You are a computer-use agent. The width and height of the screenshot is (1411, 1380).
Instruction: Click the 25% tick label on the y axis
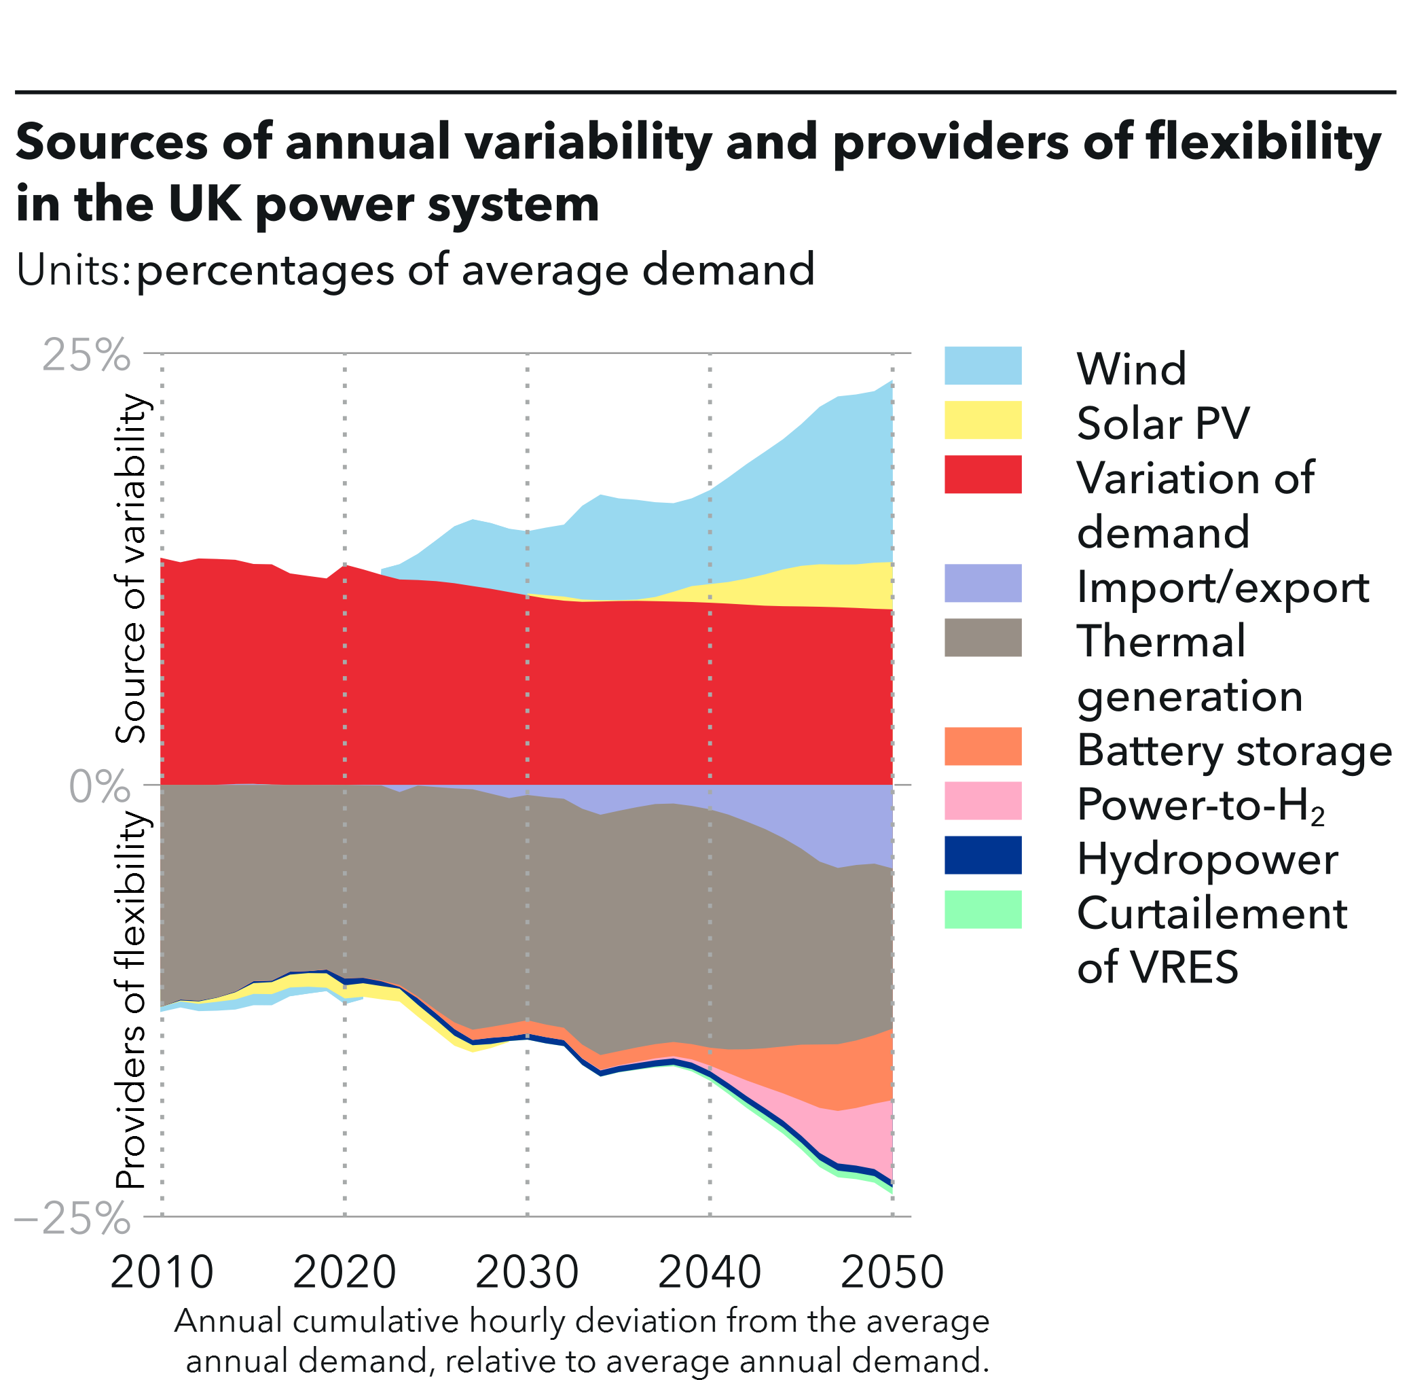point(86,355)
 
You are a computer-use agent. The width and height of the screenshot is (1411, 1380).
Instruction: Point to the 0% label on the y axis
point(99,786)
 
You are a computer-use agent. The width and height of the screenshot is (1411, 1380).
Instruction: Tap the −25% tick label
point(73,1218)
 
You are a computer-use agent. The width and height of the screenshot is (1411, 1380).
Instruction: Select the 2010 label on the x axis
point(162,1271)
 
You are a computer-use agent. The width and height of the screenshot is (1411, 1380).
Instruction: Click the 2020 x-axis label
point(344,1271)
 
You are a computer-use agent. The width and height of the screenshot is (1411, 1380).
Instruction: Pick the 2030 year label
point(528,1271)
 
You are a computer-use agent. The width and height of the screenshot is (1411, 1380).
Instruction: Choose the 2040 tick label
point(710,1271)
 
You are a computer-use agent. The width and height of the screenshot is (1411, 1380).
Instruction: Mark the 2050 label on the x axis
point(892,1271)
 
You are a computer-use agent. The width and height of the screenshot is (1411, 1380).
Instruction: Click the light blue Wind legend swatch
point(983,366)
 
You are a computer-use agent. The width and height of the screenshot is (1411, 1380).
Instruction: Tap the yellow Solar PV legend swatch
point(983,421)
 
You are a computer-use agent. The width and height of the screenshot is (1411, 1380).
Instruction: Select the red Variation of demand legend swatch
point(983,475)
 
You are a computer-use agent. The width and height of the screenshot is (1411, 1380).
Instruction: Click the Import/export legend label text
point(1223,587)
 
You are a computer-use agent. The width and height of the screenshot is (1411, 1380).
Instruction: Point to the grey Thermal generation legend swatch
point(983,638)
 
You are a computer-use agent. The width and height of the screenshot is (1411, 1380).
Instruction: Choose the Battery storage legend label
point(1234,751)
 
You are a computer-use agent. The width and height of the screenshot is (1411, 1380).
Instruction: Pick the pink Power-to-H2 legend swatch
point(983,801)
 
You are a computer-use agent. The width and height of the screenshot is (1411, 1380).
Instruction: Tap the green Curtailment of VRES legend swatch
point(983,910)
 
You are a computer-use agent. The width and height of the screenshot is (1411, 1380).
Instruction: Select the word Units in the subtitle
point(71,270)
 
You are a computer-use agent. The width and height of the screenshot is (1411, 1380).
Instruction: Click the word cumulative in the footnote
point(375,1321)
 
